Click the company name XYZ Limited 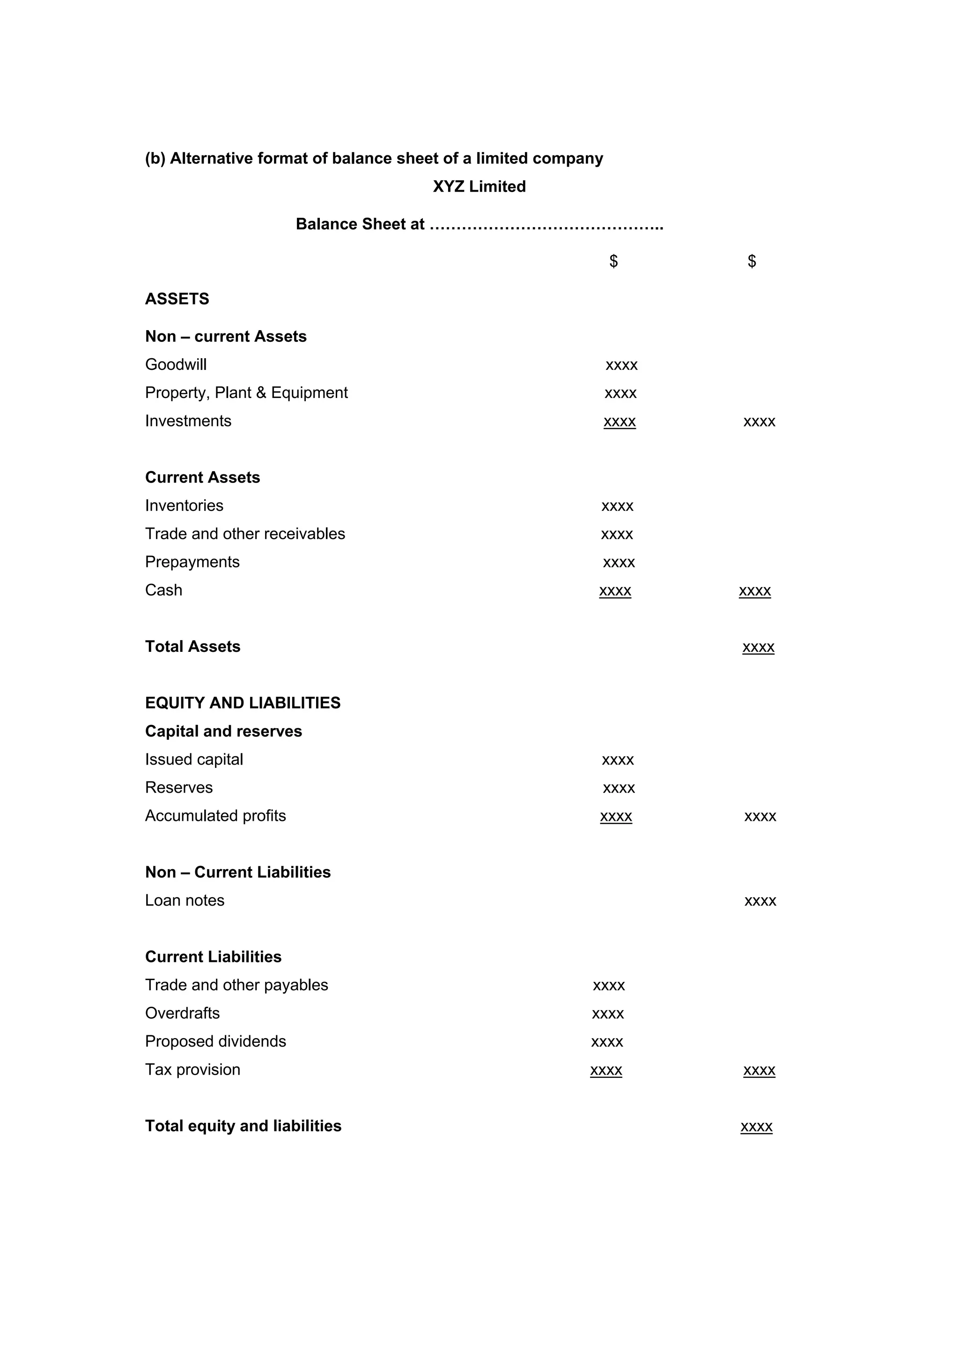coord(479,186)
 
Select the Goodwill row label coord(176,364)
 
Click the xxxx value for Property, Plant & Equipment coord(620,393)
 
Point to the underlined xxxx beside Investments coord(619,421)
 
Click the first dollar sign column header coord(613,261)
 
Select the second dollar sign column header coord(751,261)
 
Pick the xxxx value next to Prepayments coord(618,562)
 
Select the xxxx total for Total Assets coord(758,647)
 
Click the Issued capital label coord(194,760)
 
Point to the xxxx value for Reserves coord(618,788)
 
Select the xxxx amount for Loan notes coord(760,901)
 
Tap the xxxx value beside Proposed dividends coord(607,1042)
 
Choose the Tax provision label coord(192,1070)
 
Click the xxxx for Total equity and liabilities coord(756,1127)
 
